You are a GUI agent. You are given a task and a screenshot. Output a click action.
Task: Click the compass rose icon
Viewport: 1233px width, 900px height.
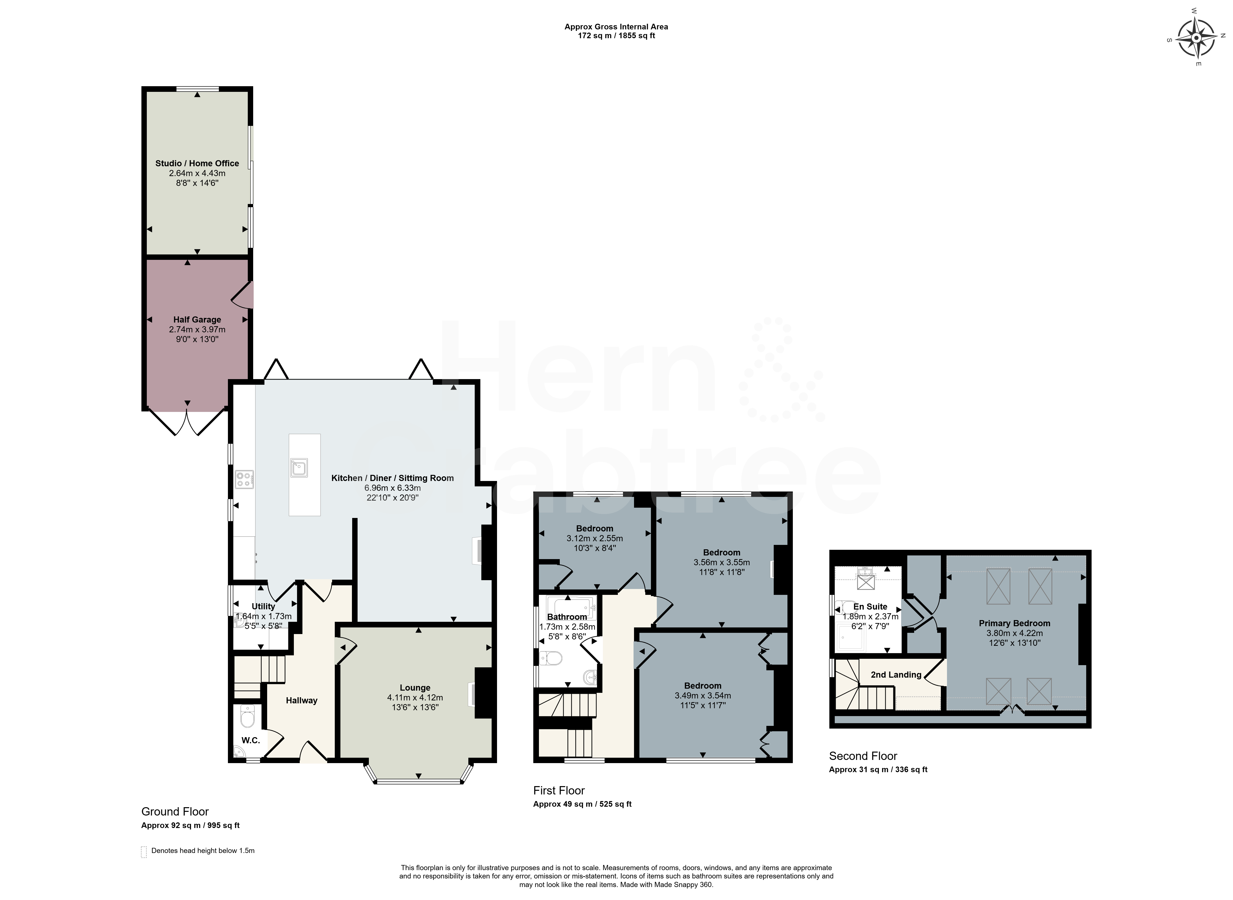[x=1196, y=37]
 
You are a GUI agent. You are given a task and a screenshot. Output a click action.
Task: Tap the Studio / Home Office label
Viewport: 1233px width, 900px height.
[x=197, y=163]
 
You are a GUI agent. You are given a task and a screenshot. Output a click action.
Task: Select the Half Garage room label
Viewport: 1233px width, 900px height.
[x=197, y=320]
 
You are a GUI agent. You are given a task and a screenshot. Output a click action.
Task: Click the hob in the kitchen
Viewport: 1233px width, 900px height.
[x=244, y=479]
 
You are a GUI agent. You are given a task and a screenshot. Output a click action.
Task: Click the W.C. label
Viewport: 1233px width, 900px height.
[x=251, y=740]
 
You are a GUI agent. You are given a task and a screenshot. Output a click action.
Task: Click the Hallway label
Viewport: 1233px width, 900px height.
[x=301, y=701]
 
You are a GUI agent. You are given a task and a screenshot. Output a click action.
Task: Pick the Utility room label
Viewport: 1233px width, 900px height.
[x=263, y=606]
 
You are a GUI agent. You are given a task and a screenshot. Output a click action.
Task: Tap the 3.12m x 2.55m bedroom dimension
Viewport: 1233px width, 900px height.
[x=595, y=538]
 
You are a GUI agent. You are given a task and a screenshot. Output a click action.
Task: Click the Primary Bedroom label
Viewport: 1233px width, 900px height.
[x=1014, y=623]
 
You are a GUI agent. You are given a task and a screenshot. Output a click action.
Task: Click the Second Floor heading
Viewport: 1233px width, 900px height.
[x=863, y=756]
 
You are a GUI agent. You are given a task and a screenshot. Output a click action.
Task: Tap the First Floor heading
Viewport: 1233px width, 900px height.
[x=559, y=791]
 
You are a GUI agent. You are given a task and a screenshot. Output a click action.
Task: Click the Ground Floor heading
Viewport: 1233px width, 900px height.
[x=175, y=812]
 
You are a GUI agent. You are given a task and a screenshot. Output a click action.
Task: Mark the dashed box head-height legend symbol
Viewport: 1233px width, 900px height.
[x=144, y=852]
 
